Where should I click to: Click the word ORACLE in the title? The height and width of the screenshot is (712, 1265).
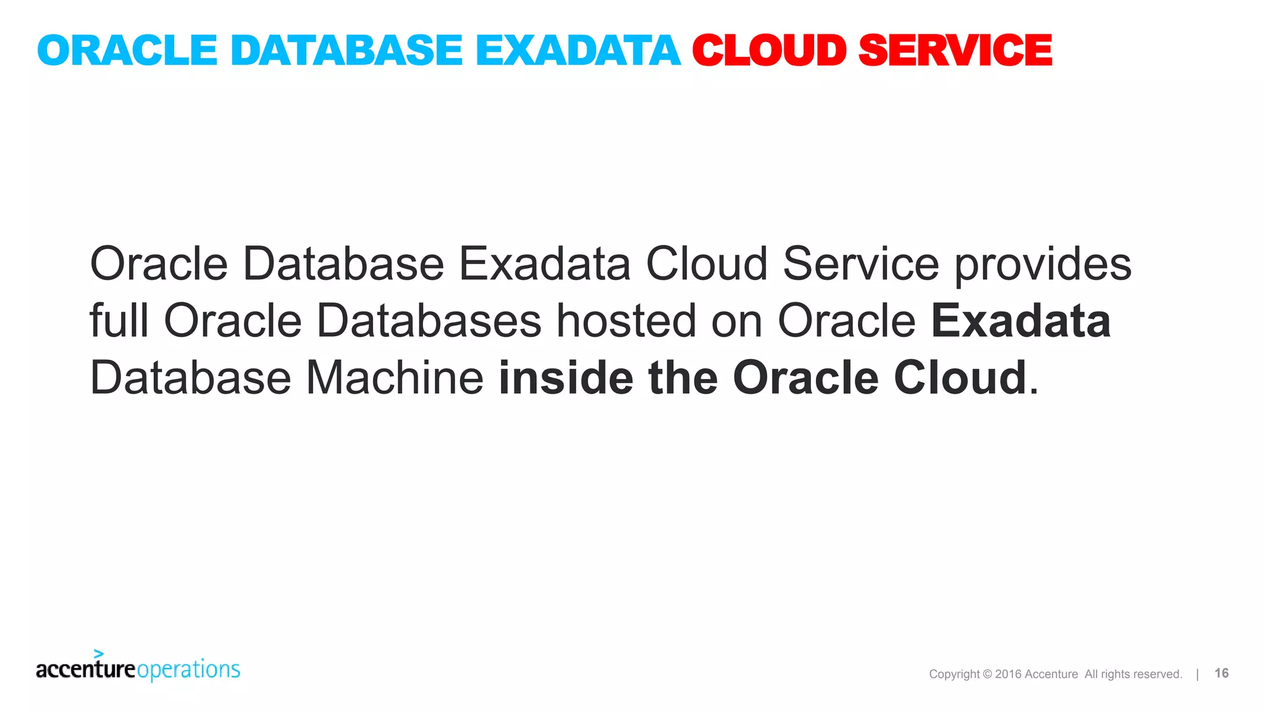[127, 50]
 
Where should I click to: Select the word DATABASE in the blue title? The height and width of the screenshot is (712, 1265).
[346, 50]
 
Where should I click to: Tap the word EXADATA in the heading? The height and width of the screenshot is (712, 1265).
[578, 50]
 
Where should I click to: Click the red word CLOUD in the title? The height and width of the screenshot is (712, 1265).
[769, 50]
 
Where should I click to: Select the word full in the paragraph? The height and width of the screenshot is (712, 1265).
[119, 321]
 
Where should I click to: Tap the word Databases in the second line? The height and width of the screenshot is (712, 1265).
[429, 321]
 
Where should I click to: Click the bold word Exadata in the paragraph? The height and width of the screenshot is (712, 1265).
[1020, 321]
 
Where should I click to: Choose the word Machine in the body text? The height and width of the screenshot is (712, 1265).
[395, 378]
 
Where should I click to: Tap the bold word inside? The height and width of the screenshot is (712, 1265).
[566, 378]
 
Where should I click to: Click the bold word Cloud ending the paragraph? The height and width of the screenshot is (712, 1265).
[960, 378]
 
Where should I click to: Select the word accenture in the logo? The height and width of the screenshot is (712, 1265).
[86, 669]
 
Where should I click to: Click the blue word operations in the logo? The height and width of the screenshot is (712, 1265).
[188, 670]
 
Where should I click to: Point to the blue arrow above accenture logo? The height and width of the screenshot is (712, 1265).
[98, 653]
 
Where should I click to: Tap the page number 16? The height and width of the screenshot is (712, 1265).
[1221, 673]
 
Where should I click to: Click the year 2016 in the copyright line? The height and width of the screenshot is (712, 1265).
[1008, 674]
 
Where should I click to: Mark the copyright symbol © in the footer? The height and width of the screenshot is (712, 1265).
[987, 674]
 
